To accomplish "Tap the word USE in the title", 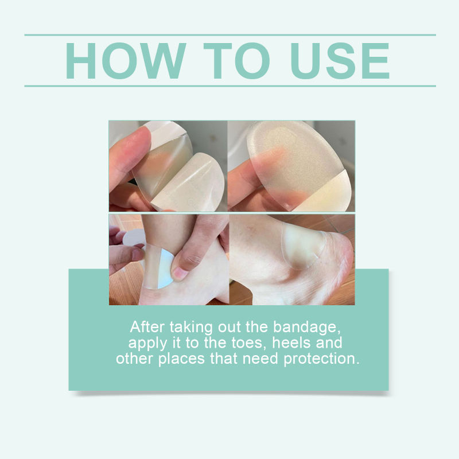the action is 340,61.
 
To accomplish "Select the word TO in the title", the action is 236,61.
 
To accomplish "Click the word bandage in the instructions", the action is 307,327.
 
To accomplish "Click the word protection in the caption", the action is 321,359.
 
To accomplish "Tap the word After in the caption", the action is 147,326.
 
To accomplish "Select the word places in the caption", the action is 181,359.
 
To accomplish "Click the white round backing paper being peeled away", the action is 134,237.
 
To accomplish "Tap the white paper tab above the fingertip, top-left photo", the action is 165,130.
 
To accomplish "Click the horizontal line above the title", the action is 230,35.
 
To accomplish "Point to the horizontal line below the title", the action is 230,86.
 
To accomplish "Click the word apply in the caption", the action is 147,344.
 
